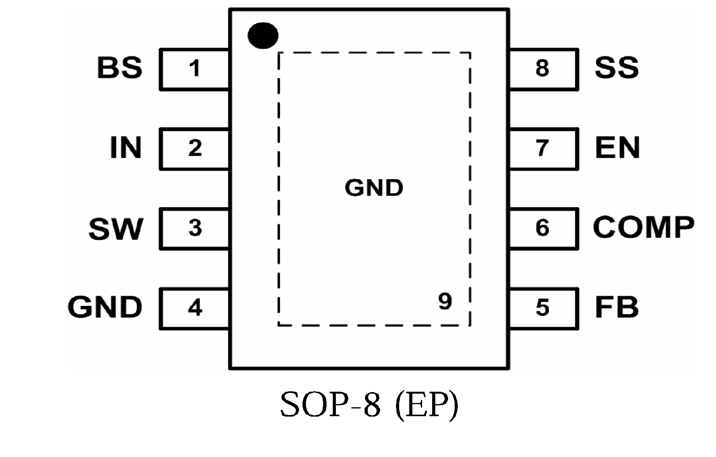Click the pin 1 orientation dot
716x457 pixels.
(x=263, y=35)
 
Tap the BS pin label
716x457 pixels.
(x=120, y=68)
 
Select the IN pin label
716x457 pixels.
(x=125, y=148)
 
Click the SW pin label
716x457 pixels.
(x=116, y=229)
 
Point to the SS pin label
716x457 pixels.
(x=617, y=68)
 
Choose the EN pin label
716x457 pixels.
(x=617, y=148)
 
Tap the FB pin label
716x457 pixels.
(x=617, y=307)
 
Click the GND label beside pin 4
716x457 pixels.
(x=105, y=307)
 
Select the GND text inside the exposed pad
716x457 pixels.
(x=374, y=188)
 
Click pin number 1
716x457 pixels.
(x=194, y=69)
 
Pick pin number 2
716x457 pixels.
(x=195, y=148)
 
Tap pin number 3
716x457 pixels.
(x=195, y=228)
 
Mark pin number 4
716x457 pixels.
(x=195, y=308)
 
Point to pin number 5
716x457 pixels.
(x=542, y=308)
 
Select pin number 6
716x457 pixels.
(x=542, y=228)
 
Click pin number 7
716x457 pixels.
(x=542, y=148)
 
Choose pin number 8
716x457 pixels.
(x=542, y=68)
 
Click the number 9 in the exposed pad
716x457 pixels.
(x=445, y=301)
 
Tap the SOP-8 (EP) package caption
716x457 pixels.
(x=369, y=405)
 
